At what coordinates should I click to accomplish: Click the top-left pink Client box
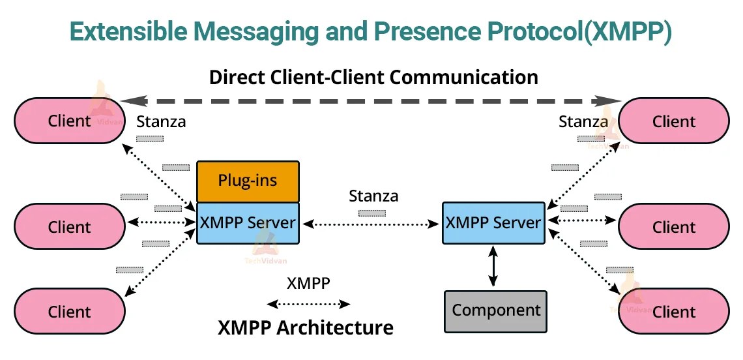coord(70,121)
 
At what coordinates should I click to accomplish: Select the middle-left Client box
coord(70,227)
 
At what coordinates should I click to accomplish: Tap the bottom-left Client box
coord(70,311)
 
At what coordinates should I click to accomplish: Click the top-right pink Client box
coord(673,121)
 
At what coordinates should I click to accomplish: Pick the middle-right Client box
coord(673,227)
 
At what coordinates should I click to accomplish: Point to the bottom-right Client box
coord(673,311)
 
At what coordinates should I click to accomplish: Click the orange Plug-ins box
coord(248,181)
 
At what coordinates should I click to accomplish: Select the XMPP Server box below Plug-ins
coord(248,222)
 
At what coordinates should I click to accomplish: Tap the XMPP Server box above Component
coord(493,222)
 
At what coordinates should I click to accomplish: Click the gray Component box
coord(496,310)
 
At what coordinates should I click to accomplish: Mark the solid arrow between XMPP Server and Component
coord(493,266)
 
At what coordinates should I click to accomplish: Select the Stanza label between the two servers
coord(373,196)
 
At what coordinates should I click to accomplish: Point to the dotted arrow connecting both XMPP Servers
coord(370,224)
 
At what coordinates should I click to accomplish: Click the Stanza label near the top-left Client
coord(161,121)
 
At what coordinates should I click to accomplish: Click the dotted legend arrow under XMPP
coord(308,304)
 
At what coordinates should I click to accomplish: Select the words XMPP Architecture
coord(305,327)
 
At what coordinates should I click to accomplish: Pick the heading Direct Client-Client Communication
coord(373,77)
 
